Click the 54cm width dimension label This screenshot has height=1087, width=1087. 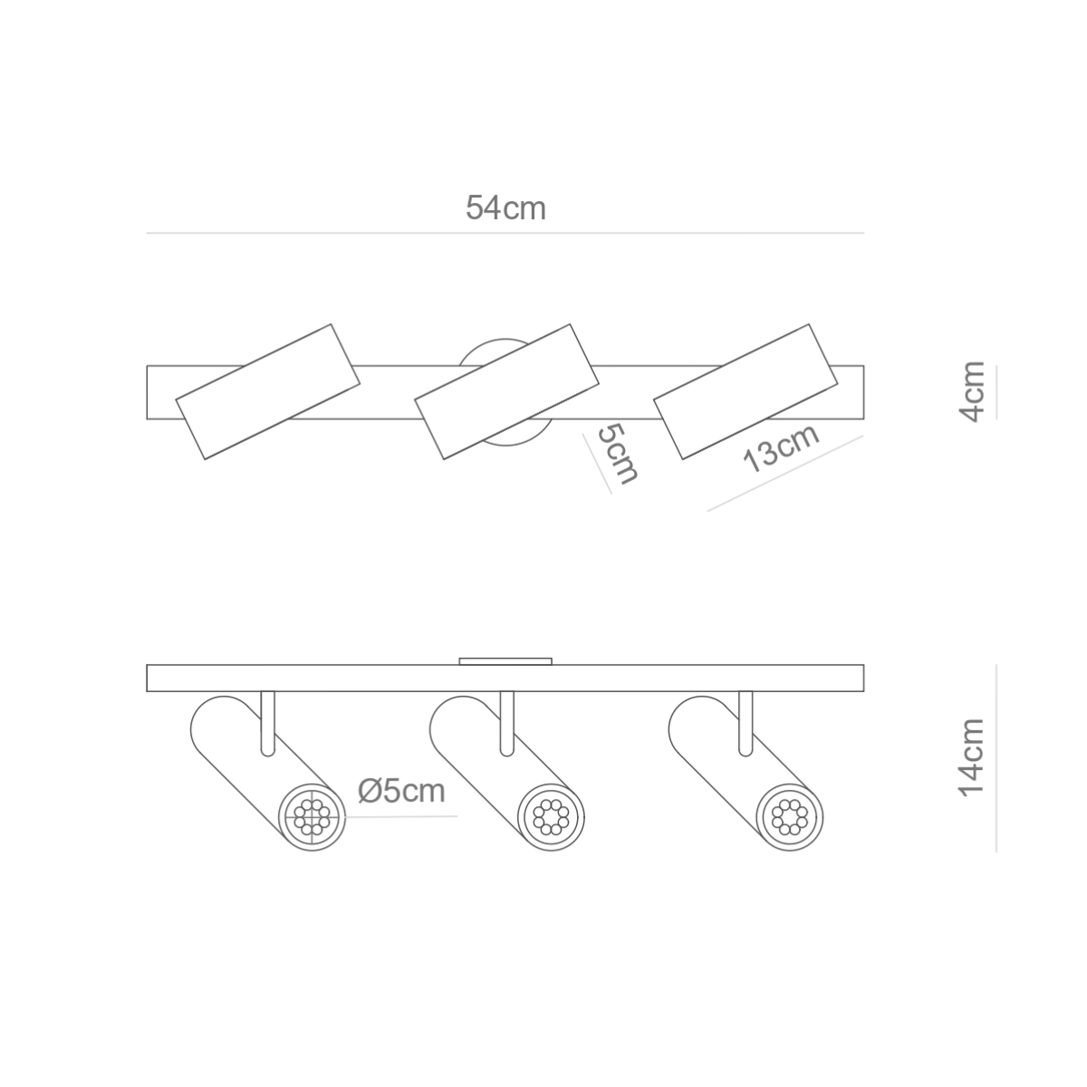[505, 207]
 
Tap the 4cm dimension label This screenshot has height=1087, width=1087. [972, 391]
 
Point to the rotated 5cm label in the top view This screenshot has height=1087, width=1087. [618, 455]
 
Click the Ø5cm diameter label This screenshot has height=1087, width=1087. [401, 791]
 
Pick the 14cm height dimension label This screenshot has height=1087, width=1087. [972, 758]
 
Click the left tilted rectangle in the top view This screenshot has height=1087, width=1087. [268, 391]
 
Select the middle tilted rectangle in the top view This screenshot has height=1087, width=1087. [506, 391]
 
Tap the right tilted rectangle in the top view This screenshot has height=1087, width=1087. [746, 391]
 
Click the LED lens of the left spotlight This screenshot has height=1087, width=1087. [312, 817]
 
